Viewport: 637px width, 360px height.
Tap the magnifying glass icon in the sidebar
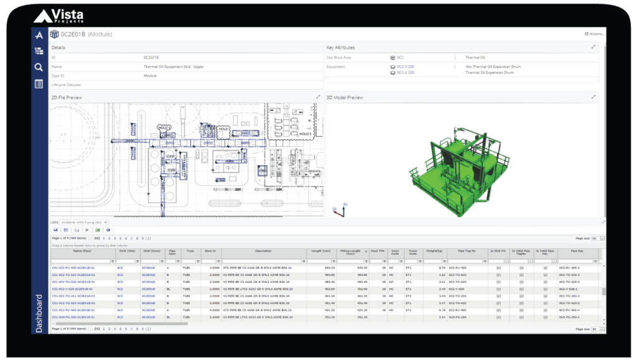(x=39, y=67)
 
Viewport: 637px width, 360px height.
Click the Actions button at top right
(x=594, y=34)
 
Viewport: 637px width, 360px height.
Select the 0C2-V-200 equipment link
(x=406, y=66)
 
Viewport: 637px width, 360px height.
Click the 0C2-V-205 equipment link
(x=406, y=73)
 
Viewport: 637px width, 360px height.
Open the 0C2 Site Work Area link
(x=401, y=57)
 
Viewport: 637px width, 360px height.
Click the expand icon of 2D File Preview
(x=318, y=97)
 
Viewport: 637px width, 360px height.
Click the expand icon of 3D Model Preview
(x=593, y=97)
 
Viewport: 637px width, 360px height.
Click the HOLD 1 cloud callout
(x=164, y=127)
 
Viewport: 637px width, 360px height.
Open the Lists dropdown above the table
(x=84, y=222)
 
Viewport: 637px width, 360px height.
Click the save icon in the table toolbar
(x=55, y=230)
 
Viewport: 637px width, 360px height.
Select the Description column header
(x=263, y=251)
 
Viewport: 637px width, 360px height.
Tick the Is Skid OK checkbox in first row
(x=498, y=267)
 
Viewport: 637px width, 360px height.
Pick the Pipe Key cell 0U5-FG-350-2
(x=570, y=317)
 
